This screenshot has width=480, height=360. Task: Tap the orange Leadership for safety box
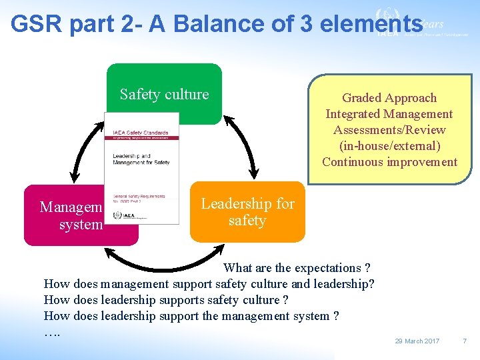247,212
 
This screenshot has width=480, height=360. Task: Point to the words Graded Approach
389,98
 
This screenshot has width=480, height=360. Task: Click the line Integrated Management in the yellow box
389,114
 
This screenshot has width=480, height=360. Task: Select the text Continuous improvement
389,162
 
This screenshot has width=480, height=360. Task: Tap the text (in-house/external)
389,146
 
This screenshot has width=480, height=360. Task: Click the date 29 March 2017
417,341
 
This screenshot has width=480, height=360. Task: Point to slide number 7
465,341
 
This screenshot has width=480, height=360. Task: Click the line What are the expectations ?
297,268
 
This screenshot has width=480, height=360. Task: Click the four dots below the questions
52,331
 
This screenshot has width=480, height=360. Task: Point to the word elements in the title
371,24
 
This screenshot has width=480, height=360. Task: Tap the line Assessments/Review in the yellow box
389,130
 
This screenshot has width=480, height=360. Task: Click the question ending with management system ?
191,316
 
